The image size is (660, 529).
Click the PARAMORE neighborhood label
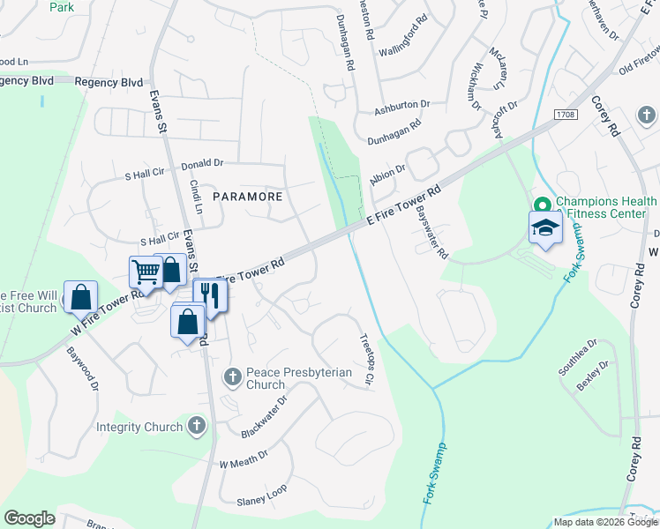(248, 196)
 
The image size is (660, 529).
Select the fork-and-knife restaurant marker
(210, 294)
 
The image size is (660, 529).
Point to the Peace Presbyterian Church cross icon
(233, 378)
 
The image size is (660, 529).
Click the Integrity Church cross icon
(197, 427)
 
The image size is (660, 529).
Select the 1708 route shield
(566, 115)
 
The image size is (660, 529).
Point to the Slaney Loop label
(262, 500)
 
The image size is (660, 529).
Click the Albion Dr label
(388, 172)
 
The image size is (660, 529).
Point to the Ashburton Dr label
(401, 108)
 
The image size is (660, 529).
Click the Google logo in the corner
(29, 518)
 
